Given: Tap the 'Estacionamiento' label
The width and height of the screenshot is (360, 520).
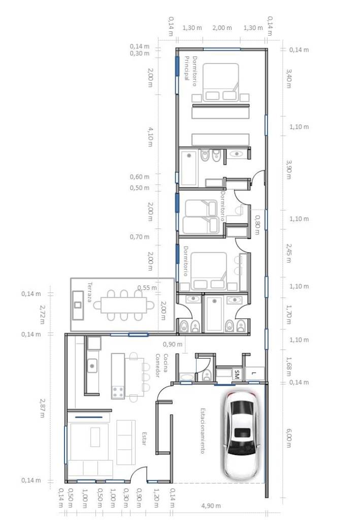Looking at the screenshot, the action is [x=203, y=431].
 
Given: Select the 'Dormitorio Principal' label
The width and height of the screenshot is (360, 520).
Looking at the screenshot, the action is [x=190, y=71].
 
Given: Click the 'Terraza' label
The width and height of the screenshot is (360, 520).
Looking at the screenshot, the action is [x=89, y=292].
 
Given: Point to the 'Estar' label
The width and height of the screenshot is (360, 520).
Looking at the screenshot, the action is [x=144, y=438].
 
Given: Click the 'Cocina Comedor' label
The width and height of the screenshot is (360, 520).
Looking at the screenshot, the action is [x=161, y=366].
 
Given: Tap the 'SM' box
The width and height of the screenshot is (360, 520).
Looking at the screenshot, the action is [x=237, y=374].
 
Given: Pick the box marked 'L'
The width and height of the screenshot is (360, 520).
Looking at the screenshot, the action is [x=254, y=373].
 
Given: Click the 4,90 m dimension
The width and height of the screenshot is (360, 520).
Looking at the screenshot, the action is [x=211, y=506].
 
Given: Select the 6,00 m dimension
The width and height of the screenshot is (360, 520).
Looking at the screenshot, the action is [x=289, y=438].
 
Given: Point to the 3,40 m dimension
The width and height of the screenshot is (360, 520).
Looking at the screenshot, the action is [x=289, y=78].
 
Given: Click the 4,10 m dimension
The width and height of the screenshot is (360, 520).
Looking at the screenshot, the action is [x=150, y=137].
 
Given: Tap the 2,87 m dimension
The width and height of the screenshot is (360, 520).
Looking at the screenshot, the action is [x=42, y=408].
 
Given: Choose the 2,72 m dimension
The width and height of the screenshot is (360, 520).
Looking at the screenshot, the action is [x=42, y=314].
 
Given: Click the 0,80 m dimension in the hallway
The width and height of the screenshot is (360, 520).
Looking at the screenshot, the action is [x=257, y=224].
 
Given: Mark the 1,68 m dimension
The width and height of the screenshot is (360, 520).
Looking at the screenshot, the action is [x=289, y=366].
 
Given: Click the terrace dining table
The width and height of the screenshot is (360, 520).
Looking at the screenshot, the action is [x=124, y=305].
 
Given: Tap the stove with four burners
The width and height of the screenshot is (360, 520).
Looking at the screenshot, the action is [x=118, y=393].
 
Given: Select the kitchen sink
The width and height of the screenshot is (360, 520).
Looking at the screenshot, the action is [x=92, y=366].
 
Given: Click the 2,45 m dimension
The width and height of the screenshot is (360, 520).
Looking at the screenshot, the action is [x=289, y=253].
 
